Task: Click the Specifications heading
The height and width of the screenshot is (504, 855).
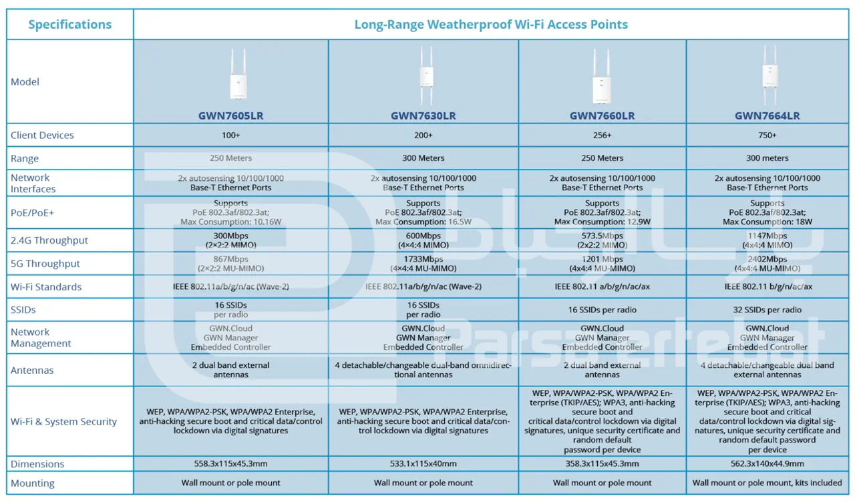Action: pyautogui.click(x=69, y=25)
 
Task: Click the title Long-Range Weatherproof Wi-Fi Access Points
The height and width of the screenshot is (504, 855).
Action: pyautogui.click(x=491, y=25)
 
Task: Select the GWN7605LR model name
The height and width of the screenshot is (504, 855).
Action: pyautogui.click(x=230, y=115)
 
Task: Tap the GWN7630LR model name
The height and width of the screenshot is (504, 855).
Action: pyautogui.click(x=423, y=115)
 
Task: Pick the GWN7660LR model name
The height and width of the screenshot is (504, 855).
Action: pyautogui.click(x=602, y=115)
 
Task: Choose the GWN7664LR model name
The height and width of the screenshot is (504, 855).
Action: pyautogui.click(x=767, y=115)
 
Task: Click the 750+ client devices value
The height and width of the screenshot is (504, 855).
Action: pyautogui.click(x=767, y=136)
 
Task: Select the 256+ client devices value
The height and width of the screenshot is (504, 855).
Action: pyautogui.click(x=602, y=136)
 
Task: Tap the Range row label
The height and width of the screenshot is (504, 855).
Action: pyautogui.click(x=25, y=159)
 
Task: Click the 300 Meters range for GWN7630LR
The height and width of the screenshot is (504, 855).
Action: pyautogui.click(x=423, y=158)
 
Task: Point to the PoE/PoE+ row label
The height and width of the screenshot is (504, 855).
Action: pyautogui.click(x=33, y=213)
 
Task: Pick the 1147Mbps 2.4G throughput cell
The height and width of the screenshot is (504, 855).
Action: pyautogui.click(x=767, y=240)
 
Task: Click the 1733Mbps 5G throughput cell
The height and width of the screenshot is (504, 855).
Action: pyautogui.click(x=423, y=264)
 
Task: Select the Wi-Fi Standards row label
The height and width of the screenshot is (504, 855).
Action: pyautogui.click(x=46, y=287)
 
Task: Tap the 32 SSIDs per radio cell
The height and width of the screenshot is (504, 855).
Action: pyautogui.click(x=767, y=310)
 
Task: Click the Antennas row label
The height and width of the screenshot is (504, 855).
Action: pyautogui.click(x=32, y=370)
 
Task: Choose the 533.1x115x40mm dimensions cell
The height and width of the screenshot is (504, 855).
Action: pyautogui.click(x=423, y=464)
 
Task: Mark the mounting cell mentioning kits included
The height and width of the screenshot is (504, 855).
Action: pyautogui.click(x=767, y=483)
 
